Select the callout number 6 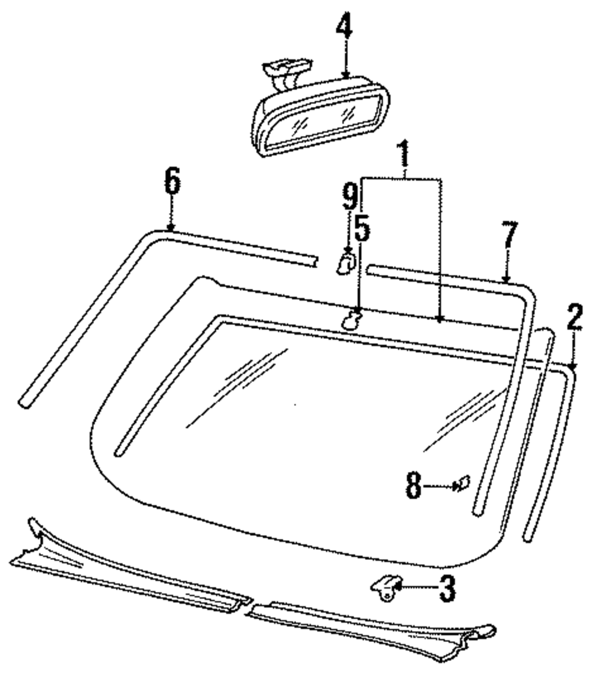172,183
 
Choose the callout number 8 413,486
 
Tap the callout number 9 350,196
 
